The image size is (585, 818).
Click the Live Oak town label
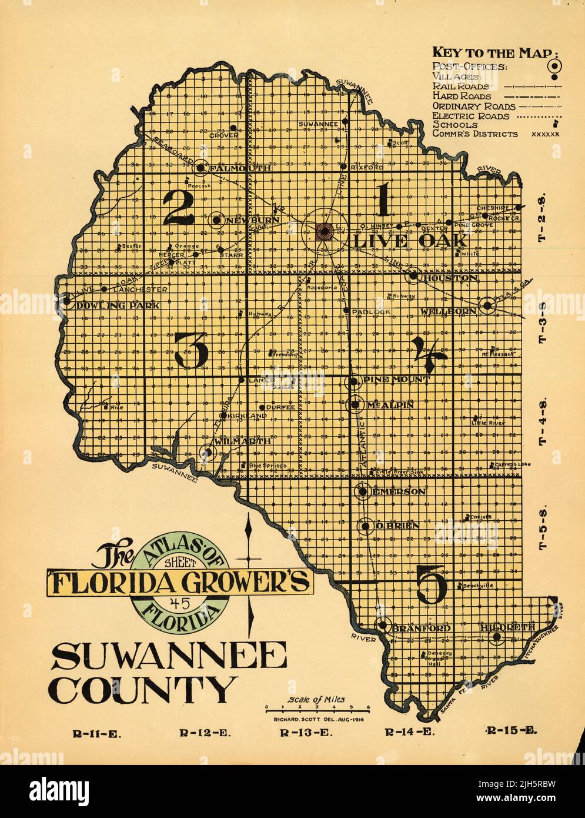[410, 241]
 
